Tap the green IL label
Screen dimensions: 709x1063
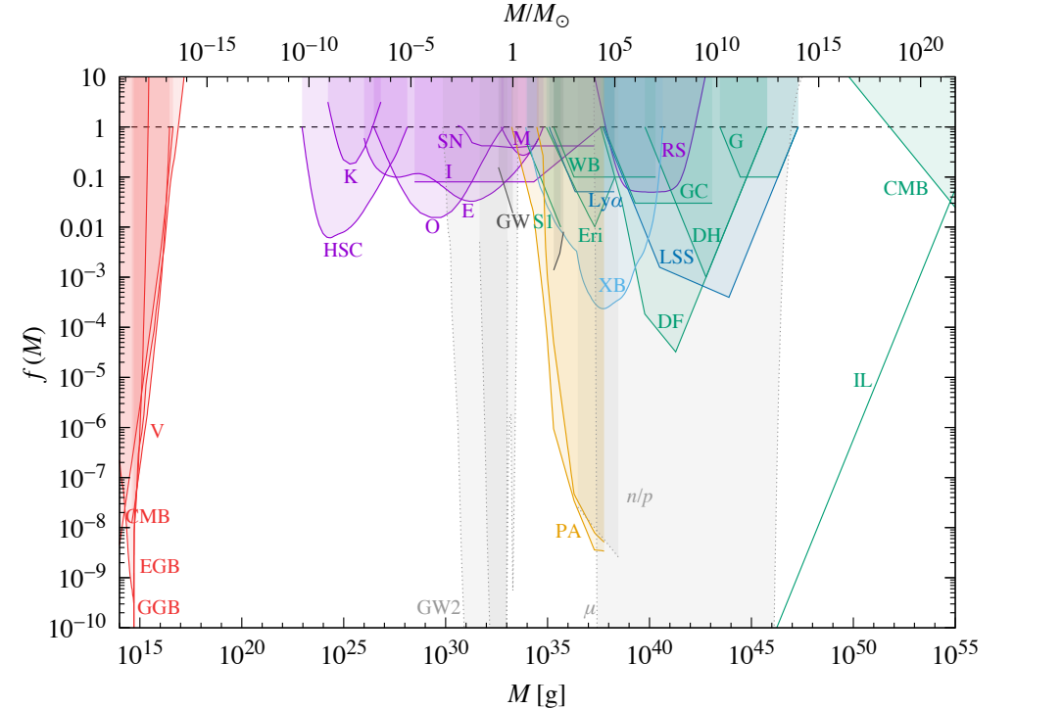(862, 380)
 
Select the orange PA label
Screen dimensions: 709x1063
(568, 532)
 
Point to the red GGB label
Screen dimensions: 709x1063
(158, 607)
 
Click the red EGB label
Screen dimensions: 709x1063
(160, 566)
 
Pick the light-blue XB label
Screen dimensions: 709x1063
(612, 285)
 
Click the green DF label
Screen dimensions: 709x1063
(671, 321)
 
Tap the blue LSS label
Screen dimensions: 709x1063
(676, 258)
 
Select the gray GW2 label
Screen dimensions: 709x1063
(438, 607)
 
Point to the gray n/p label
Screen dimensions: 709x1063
(640, 496)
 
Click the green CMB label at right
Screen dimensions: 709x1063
(904, 189)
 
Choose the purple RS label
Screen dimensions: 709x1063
(673, 151)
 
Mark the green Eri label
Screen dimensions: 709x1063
(590, 236)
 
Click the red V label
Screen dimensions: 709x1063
(157, 430)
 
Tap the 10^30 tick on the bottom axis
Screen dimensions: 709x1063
(445, 652)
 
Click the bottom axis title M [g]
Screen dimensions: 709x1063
(535, 691)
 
